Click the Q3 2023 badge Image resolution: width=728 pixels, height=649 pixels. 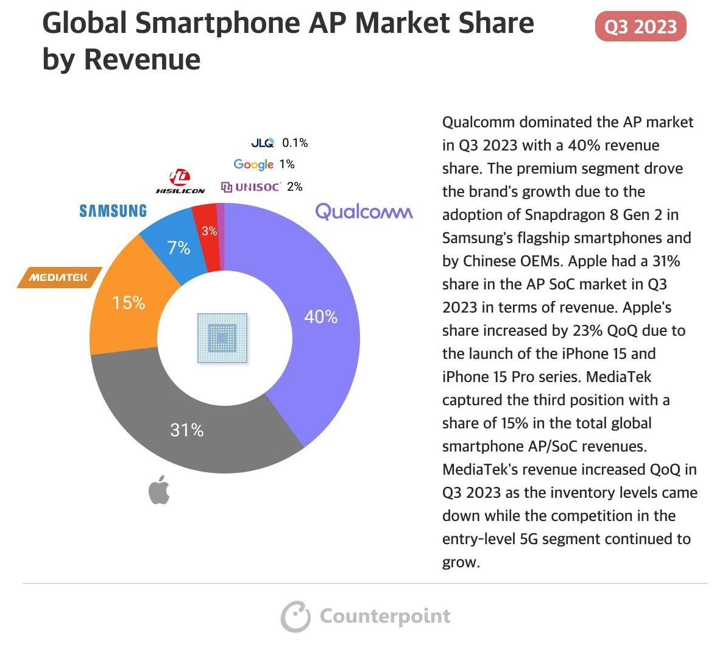[640, 27]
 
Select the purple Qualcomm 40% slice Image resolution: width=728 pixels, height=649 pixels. [317, 317]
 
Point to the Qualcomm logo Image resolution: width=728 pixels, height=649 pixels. [364, 212]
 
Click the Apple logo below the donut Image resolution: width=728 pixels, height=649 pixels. [159, 491]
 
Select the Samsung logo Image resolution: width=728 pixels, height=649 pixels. [113, 211]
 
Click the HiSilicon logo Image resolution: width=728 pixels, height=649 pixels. [180, 182]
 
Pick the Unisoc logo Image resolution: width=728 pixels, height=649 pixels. [250, 187]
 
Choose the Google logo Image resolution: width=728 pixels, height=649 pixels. [253, 165]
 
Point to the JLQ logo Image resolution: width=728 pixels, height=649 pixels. [263, 143]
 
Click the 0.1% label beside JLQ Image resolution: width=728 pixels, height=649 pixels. [295, 143]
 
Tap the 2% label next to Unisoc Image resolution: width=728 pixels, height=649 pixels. [294, 187]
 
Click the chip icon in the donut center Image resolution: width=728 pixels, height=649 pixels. [222, 338]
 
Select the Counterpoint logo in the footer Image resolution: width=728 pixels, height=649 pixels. [366, 616]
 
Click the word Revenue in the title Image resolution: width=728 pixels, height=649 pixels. [142, 59]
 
